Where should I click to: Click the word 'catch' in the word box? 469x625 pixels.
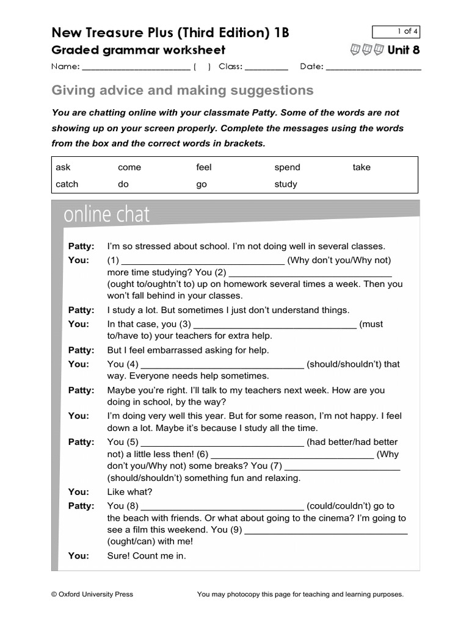[x=67, y=184]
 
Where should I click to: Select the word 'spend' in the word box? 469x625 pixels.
[x=287, y=167]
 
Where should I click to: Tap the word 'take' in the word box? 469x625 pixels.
[x=361, y=167]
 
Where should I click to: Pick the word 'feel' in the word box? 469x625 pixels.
[x=203, y=167]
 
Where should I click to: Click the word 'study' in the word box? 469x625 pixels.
[x=286, y=184]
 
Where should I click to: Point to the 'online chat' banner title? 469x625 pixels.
[x=106, y=215]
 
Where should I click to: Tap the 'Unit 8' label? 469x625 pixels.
[x=404, y=50]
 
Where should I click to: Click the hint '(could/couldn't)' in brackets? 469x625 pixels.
[x=351, y=505]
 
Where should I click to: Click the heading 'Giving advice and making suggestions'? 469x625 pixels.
[x=183, y=91]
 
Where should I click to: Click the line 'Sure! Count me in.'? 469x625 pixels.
[x=147, y=555]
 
